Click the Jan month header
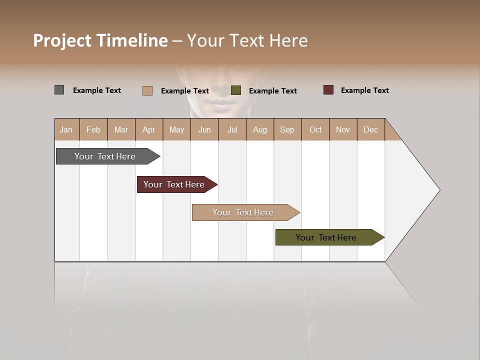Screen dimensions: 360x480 click(66, 129)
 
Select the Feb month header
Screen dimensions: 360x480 click(93, 129)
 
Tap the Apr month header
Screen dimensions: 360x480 click(149, 129)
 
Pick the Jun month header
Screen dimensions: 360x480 click(204, 129)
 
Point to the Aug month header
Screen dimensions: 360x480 click(260, 129)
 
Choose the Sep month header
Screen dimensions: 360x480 click(287, 129)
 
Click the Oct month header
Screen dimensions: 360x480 click(315, 129)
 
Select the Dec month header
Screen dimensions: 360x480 click(371, 129)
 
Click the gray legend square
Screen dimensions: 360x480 click(59, 90)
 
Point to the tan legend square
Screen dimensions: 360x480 click(147, 90)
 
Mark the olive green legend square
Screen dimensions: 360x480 click(236, 90)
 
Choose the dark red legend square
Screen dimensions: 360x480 click(328, 90)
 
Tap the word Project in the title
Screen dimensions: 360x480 click(62, 40)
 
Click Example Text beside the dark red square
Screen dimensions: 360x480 click(364, 90)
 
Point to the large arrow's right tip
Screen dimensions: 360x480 click(438, 189)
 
